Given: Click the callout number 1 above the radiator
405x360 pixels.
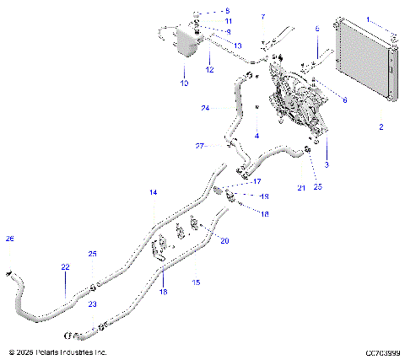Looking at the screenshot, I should tap(369, 18).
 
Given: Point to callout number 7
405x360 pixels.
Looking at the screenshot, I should tap(262, 16).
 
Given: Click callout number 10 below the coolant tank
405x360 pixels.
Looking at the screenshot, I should tap(184, 83).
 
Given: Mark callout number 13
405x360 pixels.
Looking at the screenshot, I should tap(238, 46).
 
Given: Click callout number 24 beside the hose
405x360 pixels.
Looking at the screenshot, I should tap(205, 108).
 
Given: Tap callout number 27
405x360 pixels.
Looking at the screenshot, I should tap(200, 146).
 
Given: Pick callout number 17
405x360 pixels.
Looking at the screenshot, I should tap(256, 180).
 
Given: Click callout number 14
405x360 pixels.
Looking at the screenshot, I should tap(154, 193).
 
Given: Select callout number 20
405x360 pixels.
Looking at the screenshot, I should tap(224, 241).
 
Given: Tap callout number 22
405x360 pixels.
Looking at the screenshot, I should tap(65, 266).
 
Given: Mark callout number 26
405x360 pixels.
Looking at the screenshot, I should tap(10, 239).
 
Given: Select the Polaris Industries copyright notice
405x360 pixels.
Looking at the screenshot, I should tap(57, 352).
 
